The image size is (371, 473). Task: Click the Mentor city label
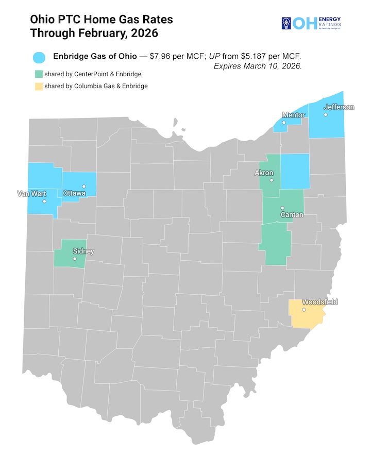pos(293,115)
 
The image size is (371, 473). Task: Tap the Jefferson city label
pos(339,107)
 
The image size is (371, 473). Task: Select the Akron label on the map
pos(264,173)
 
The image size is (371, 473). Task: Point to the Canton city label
pos(292,214)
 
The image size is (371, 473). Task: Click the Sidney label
pos(83,251)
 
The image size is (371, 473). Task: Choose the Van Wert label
pos(31,194)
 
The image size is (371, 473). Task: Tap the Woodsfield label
pos(319,302)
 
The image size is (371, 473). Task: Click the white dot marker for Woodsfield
pos(303,310)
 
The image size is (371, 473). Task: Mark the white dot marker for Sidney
pos(75,259)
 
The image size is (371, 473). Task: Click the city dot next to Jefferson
pos(325,114)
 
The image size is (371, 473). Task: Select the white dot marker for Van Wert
pos(44,201)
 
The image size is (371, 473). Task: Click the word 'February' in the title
pos(91,33)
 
